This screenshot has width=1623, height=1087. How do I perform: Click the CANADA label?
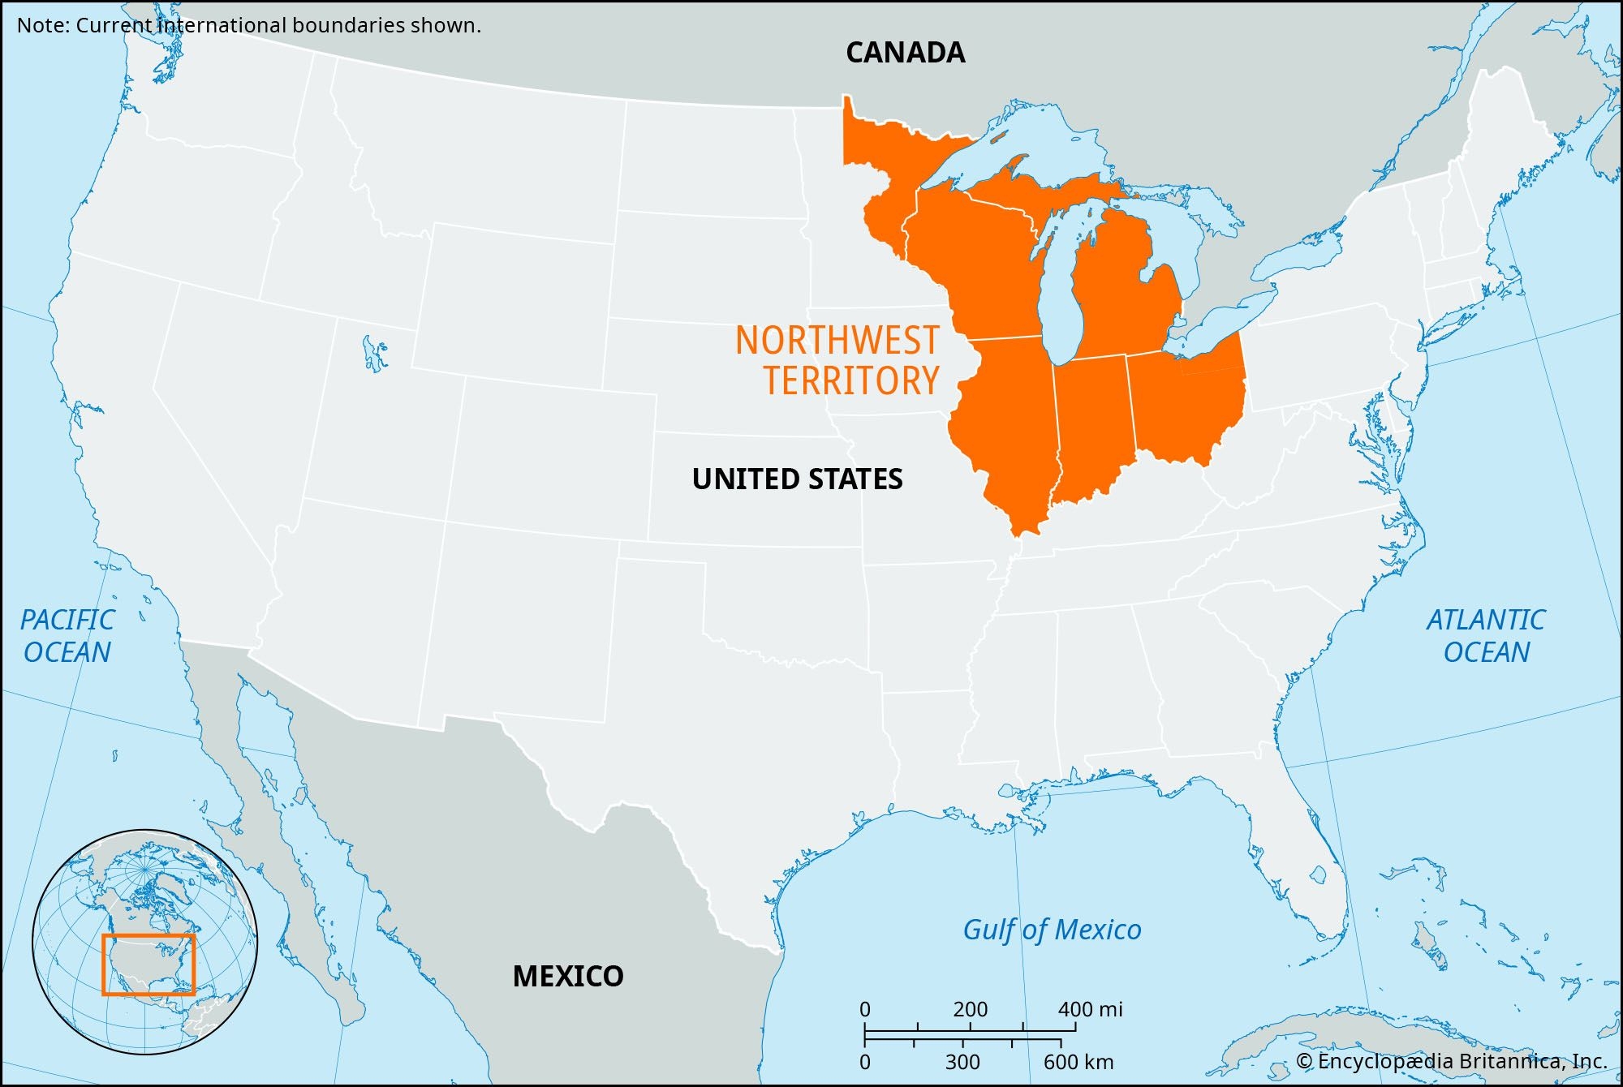point(905,53)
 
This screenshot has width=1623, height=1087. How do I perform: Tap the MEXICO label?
point(568,976)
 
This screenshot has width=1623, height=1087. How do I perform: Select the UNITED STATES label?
point(797,479)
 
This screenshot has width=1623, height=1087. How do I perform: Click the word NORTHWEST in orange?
point(837,341)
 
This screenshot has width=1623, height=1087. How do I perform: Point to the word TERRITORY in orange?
point(850,380)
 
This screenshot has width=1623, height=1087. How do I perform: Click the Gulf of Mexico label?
point(1052,930)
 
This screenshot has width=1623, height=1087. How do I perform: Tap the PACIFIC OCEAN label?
point(67,636)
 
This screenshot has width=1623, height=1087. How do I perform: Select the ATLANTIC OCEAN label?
point(1486,636)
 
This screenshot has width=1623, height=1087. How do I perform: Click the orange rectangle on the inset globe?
point(149,964)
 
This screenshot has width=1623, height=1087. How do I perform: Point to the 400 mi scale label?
point(1090,1009)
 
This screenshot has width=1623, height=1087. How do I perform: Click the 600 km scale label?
point(1078,1062)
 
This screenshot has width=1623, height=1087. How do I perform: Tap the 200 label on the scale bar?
point(970,1009)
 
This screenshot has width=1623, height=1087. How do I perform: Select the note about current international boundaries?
point(249,25)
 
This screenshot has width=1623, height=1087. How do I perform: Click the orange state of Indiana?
point(1091,422)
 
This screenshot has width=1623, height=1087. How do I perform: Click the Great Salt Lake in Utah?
point(374,354)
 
